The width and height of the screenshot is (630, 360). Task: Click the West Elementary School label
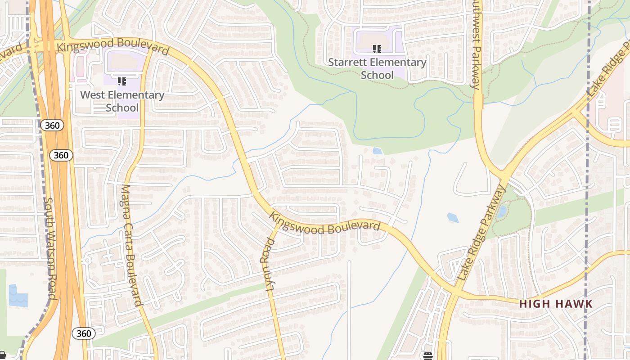[x=122, y=101]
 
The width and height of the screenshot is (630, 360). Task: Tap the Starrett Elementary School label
[x=377, y=68]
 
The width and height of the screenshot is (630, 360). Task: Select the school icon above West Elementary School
[x=121, y=81]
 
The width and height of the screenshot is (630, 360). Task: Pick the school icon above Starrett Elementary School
[x=377, y=49]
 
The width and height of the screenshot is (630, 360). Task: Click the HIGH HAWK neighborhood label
[x=556, y=304]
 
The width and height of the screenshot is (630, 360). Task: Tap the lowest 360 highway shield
[x=83, y=333]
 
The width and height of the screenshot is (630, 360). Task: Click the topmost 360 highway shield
[x=52, y=126]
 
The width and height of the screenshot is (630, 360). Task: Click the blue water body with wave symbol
[x=18, y=296]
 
